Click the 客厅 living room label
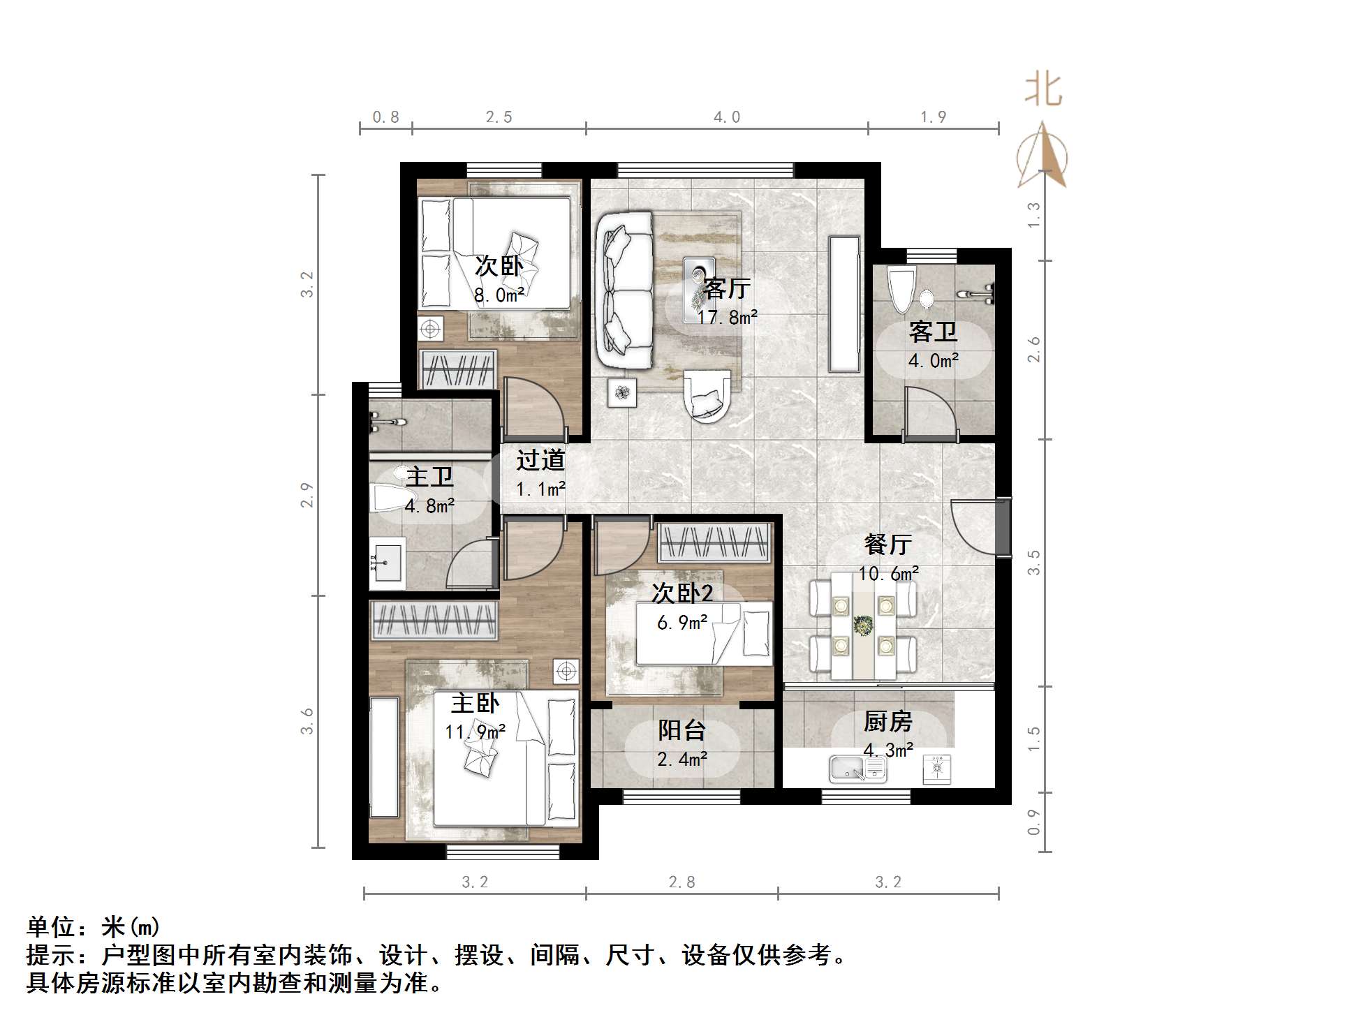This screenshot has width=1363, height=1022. pos(726,288)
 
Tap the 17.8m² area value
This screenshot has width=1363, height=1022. pos(727,318)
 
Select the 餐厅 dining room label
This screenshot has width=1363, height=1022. pos(887,545)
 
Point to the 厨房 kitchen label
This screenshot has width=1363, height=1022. pos(887,721)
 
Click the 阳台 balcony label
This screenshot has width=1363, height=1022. pos(681,730)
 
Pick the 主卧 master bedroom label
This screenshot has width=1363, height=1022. pos(475,703)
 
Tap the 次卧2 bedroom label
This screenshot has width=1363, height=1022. pos(682,593)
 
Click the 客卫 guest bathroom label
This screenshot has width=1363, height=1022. pos(933,332)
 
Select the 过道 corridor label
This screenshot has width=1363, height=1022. pos(540,460)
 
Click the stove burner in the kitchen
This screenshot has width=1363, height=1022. pos(937,769)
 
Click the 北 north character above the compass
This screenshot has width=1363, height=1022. pos(1042,91)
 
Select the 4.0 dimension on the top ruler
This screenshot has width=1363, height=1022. pos(726,117)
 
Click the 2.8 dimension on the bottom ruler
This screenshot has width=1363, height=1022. pos(681,882)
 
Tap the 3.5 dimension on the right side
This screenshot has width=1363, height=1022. pos(1034,562)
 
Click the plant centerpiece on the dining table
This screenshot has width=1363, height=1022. pos(864,625)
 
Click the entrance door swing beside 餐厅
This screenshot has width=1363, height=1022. pos(974,527)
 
